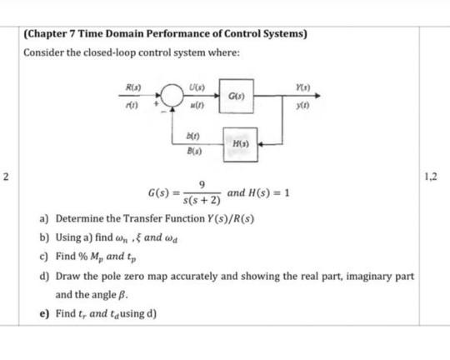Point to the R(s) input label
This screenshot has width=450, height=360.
pyautogui.click(x=132, y=87)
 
